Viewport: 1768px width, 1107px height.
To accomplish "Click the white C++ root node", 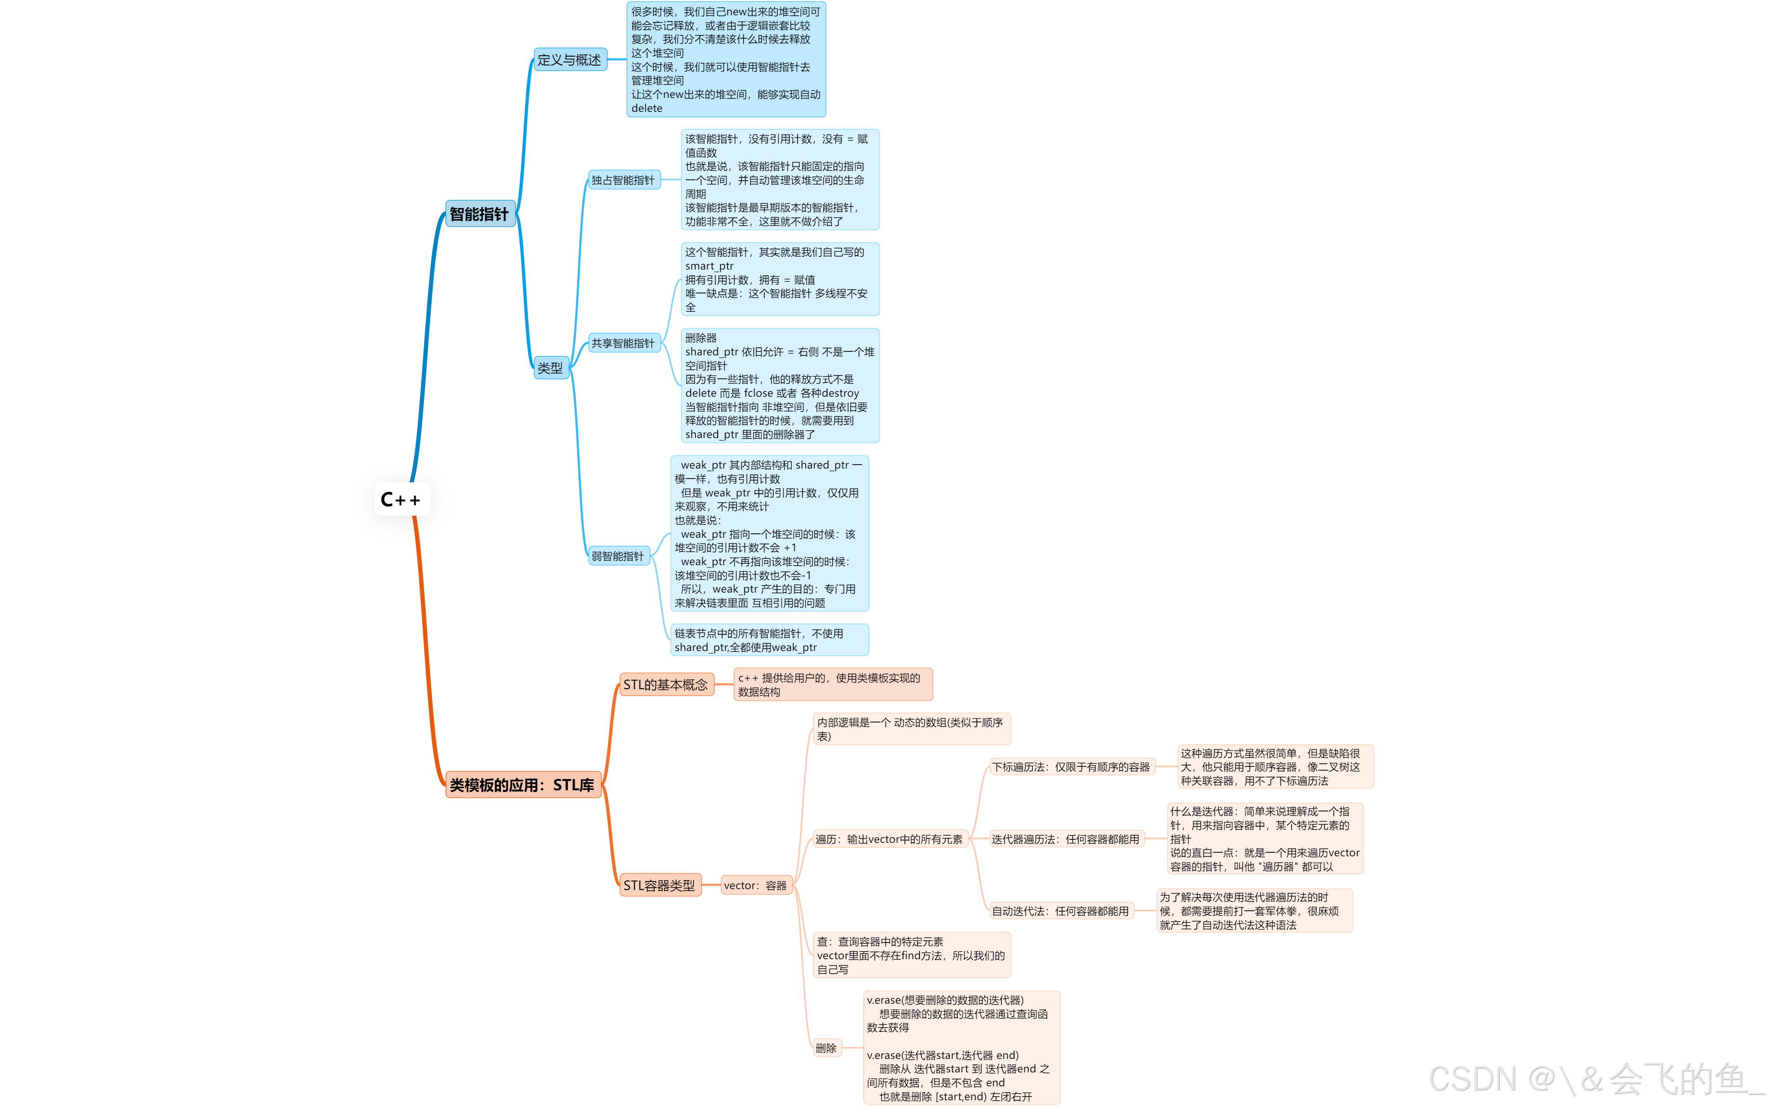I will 402,499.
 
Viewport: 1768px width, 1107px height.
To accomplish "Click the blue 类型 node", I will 550,368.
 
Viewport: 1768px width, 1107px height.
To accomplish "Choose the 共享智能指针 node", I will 623,343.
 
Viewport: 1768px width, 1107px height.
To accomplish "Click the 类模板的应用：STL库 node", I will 522,785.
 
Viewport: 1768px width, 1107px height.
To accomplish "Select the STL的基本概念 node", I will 666,685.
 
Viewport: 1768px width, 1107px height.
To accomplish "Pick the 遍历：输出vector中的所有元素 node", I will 890,839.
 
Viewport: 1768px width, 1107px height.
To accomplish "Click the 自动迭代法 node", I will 1061,911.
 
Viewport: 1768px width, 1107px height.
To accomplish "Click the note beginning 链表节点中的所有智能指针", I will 769,640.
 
